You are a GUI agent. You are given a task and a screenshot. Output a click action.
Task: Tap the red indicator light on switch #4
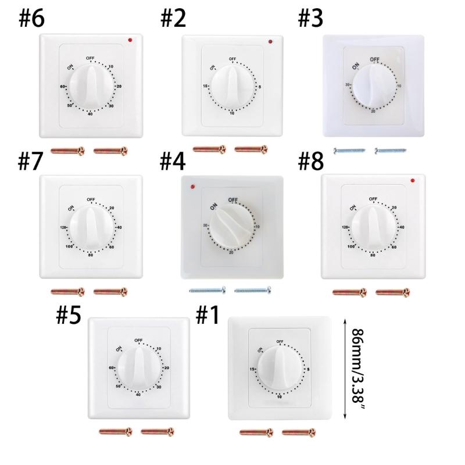[192, 187]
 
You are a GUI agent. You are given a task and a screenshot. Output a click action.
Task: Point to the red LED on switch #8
[412, 180]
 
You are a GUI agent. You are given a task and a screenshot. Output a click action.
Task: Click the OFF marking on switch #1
[280, 341]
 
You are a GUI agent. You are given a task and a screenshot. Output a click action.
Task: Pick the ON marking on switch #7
[71, 208]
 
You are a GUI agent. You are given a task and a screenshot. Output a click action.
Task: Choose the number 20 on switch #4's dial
[232, 251]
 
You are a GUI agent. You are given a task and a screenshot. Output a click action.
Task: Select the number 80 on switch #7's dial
[91, 255]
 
